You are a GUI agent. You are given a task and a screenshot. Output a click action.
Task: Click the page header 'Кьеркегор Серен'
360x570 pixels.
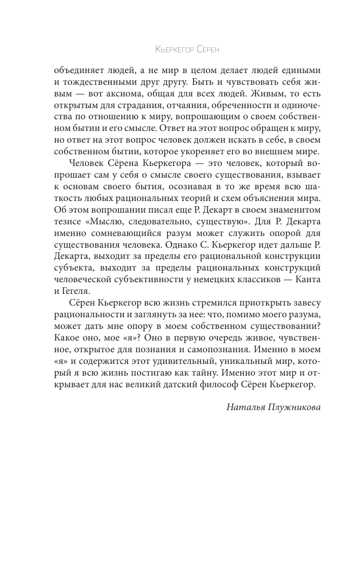tap(189, 50)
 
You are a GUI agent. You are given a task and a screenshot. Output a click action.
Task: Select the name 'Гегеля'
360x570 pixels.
tap(77, 292)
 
